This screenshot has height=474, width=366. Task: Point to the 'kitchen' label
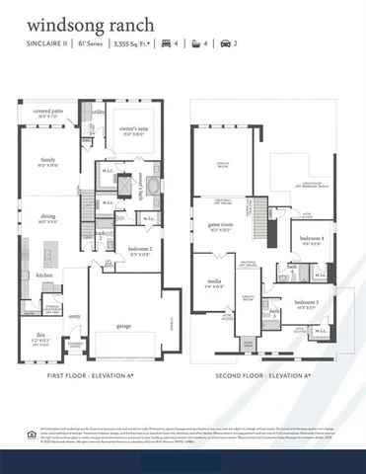tap(43, 275)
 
